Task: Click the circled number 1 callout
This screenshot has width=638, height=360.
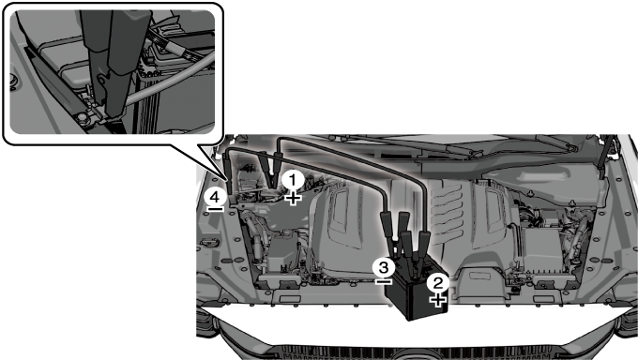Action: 293,180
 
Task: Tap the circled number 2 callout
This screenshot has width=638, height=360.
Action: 438,283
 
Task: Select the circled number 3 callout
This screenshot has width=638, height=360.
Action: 384,267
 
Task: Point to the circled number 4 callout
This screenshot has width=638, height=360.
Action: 215,197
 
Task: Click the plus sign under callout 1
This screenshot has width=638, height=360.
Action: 293,199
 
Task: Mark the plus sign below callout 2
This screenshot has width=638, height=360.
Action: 438,301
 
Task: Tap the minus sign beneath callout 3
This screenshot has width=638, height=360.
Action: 384,281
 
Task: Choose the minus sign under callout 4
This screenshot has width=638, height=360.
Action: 215,209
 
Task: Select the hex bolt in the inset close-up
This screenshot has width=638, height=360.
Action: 82,117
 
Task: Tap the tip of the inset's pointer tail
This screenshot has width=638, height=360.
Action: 227,181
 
